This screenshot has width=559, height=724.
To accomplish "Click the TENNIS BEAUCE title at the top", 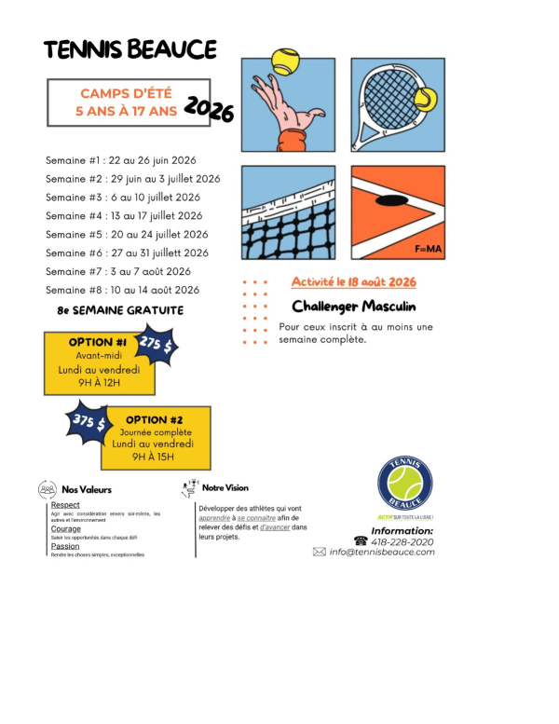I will click(x=130, y=49).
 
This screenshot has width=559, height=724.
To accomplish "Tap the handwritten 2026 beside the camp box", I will click(x=209, y=110).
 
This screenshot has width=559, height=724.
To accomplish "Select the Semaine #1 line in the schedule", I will click(x=121, y=160).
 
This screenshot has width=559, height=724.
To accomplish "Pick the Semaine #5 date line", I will click(x=127, y=234).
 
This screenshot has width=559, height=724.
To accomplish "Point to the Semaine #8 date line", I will click(x=123, y=290).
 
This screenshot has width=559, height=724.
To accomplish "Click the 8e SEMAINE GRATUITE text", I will click(x=120, y=310).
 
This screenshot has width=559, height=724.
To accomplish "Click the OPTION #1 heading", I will click(x=97, y=342).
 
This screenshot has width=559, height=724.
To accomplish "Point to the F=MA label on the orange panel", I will click(x=428, y=249).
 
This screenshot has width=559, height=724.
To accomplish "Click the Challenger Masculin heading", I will click(x=353, y=306).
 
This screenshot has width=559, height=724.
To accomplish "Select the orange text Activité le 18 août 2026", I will click(x=353, y=281).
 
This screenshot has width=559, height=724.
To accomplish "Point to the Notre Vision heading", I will click(x=225, y=487).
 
